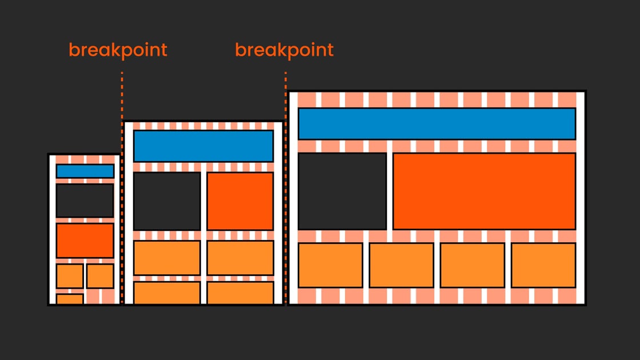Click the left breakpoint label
coord(118,50)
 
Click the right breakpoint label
coord(284,50)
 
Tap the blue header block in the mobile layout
coord(85,171)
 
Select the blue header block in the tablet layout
coord(203,146)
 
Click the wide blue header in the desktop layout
coord(437,123)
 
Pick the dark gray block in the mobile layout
coord(85,200)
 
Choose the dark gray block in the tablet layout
coord(167,201)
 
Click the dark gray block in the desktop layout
coord(342,191)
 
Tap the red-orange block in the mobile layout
coord(85,240)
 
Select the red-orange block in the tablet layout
coord(240,201)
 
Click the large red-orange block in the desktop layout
coord(484,191)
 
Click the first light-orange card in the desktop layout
coord(330,265)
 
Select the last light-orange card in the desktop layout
coord(543,265)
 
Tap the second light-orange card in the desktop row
coord(401,265)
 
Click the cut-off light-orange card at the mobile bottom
coord(70,299)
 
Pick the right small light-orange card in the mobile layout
coord(100,276)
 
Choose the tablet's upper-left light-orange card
coord(167,258)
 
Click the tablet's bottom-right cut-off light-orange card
coord(240,293)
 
